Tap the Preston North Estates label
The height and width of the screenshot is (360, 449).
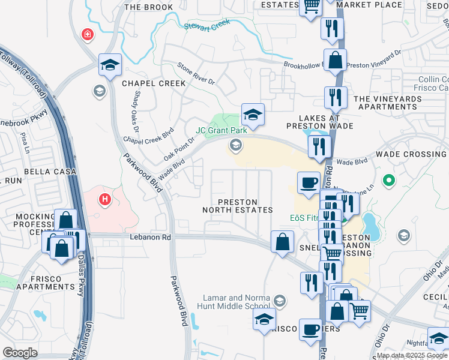click(238, 206)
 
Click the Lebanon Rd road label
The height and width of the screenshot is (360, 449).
click(150, 237)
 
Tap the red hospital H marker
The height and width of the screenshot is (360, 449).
click(106, 199)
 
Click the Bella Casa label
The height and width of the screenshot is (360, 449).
click(50, 172)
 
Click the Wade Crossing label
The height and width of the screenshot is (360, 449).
click(411, 154)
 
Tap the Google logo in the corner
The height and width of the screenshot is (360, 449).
click(20, 353)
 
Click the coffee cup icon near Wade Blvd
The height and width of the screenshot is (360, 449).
click(309, 183)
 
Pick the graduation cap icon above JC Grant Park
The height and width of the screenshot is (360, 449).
click(253, 115)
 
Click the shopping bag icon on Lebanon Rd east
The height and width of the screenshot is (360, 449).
click(282, 242)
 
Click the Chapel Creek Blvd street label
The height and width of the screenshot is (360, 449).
click(148, 135)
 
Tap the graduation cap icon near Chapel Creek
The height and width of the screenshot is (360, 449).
click(110, 65)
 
